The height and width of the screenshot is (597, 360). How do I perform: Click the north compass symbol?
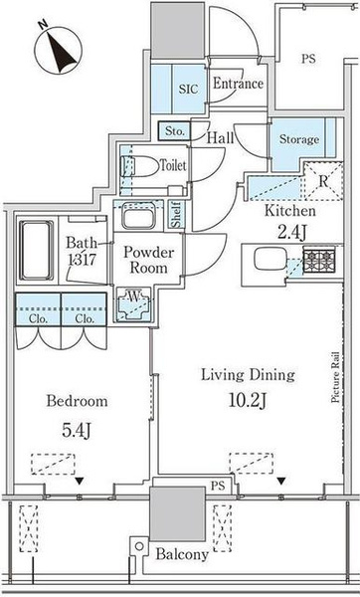click(x=58, y=49)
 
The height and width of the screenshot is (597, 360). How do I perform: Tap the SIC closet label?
click(x=189, y=89)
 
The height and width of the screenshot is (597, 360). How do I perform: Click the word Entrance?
click(x=238, y=84)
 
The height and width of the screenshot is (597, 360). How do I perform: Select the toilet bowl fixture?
click(x=139, y=166)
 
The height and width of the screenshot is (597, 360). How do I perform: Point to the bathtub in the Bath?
click(x=36, y=250)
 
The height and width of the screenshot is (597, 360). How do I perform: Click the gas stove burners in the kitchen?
click(x=319, y=260)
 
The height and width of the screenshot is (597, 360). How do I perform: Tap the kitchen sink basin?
click(x=270, y=259)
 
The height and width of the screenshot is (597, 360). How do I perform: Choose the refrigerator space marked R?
click(x=323, y=181)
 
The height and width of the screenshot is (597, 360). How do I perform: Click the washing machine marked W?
click(x=133, y=304)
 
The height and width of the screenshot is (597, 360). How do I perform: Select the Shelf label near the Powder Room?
click(x=177, y=214)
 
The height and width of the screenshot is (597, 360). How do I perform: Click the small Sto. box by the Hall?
click(x=174, y=131)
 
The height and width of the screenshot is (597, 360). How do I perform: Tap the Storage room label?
click(x=299, y=139)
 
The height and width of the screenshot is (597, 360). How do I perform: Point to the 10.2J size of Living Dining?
click(x=248, y=400)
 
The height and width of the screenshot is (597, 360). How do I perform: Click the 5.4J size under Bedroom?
click(x=77, y=430)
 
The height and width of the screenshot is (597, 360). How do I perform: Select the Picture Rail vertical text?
click(x=335, y=378)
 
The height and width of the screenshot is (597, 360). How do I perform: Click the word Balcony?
click(x=182, y=554)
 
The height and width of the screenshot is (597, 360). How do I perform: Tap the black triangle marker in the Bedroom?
click(x=79, y=482)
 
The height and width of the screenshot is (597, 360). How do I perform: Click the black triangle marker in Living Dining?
click(x=281, y=482)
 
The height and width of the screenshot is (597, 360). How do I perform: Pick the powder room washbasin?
click(x=138, y=215)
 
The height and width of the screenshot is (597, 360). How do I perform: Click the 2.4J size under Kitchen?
click(x=291, y=232)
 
